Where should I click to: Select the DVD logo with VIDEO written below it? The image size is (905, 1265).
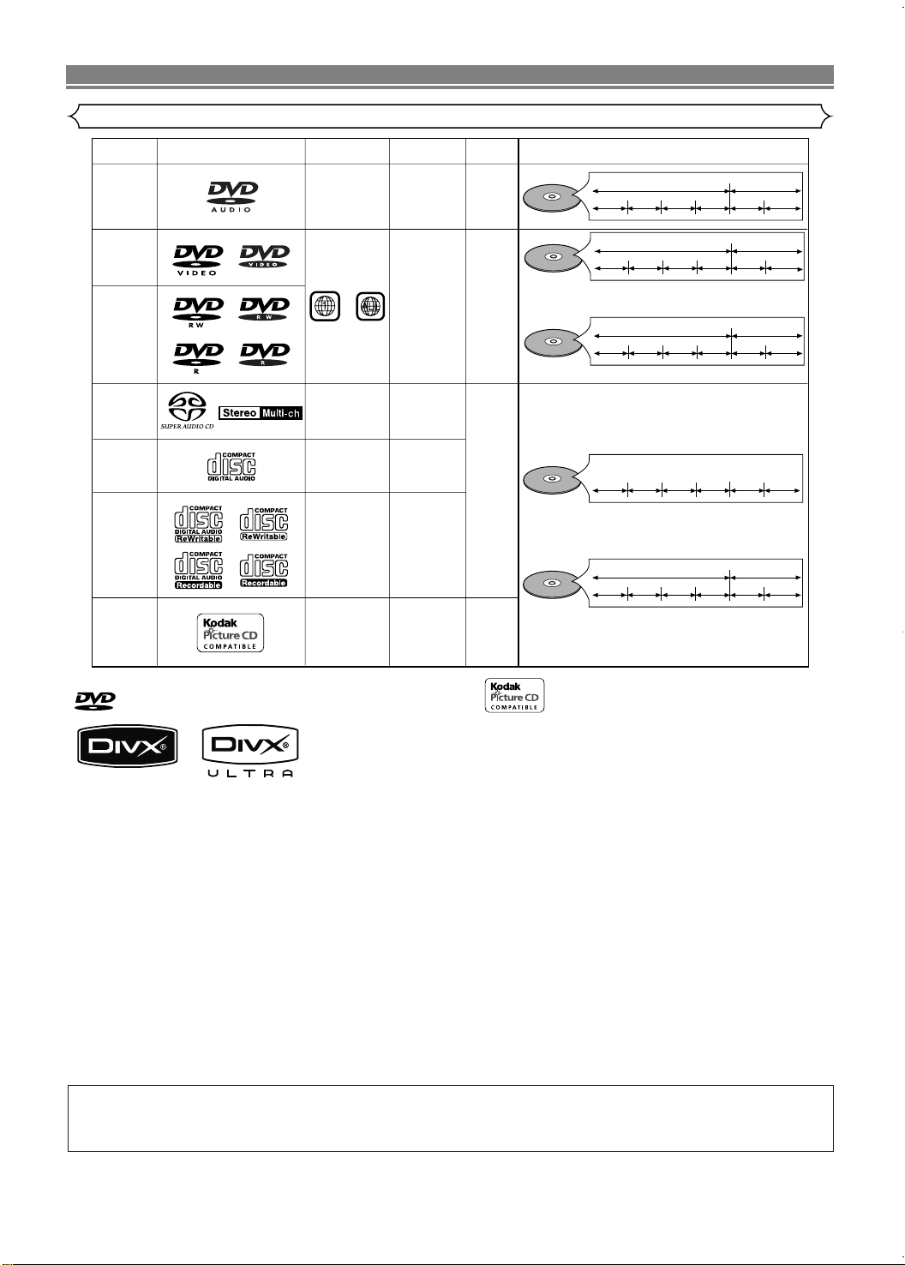pos(198,258)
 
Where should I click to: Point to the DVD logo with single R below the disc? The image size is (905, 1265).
pos(198,355)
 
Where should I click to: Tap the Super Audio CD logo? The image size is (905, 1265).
pos(187,411)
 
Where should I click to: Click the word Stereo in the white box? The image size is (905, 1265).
pos(240,412)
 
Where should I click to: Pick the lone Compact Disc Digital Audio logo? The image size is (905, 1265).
pos(231,465)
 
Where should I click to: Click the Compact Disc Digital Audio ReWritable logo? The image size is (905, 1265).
pos(199,523)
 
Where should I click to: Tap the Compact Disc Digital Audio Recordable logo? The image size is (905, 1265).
pos(199,570)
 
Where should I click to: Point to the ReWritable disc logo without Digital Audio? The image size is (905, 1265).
pos(264,523)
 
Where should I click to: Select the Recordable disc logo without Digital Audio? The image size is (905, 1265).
pos(264,570)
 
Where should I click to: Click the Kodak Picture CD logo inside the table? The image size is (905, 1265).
pos(231,632)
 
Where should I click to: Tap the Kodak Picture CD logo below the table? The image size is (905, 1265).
pos(514,695)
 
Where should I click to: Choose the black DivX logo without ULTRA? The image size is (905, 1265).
pos(127,746)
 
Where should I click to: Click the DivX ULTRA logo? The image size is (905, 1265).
pos(250,752)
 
